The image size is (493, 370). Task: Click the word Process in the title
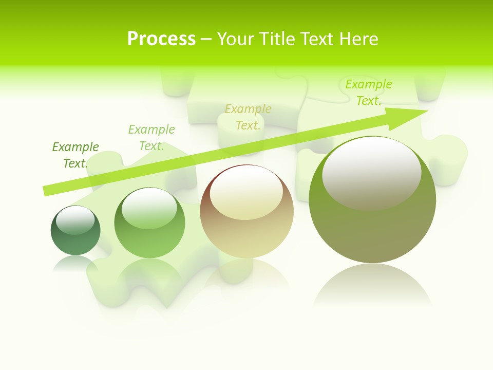click(161, 39)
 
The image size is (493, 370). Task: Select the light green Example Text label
click(151, 138)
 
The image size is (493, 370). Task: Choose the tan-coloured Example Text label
click(248, 117)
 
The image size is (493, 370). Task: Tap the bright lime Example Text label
click(368, 92)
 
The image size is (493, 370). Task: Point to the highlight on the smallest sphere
click(75, 220)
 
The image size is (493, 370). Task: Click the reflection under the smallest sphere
click(75, 263)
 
